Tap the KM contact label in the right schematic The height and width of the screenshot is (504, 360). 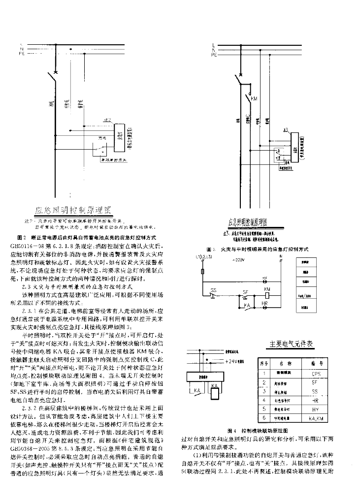click(x=254, y=99)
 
